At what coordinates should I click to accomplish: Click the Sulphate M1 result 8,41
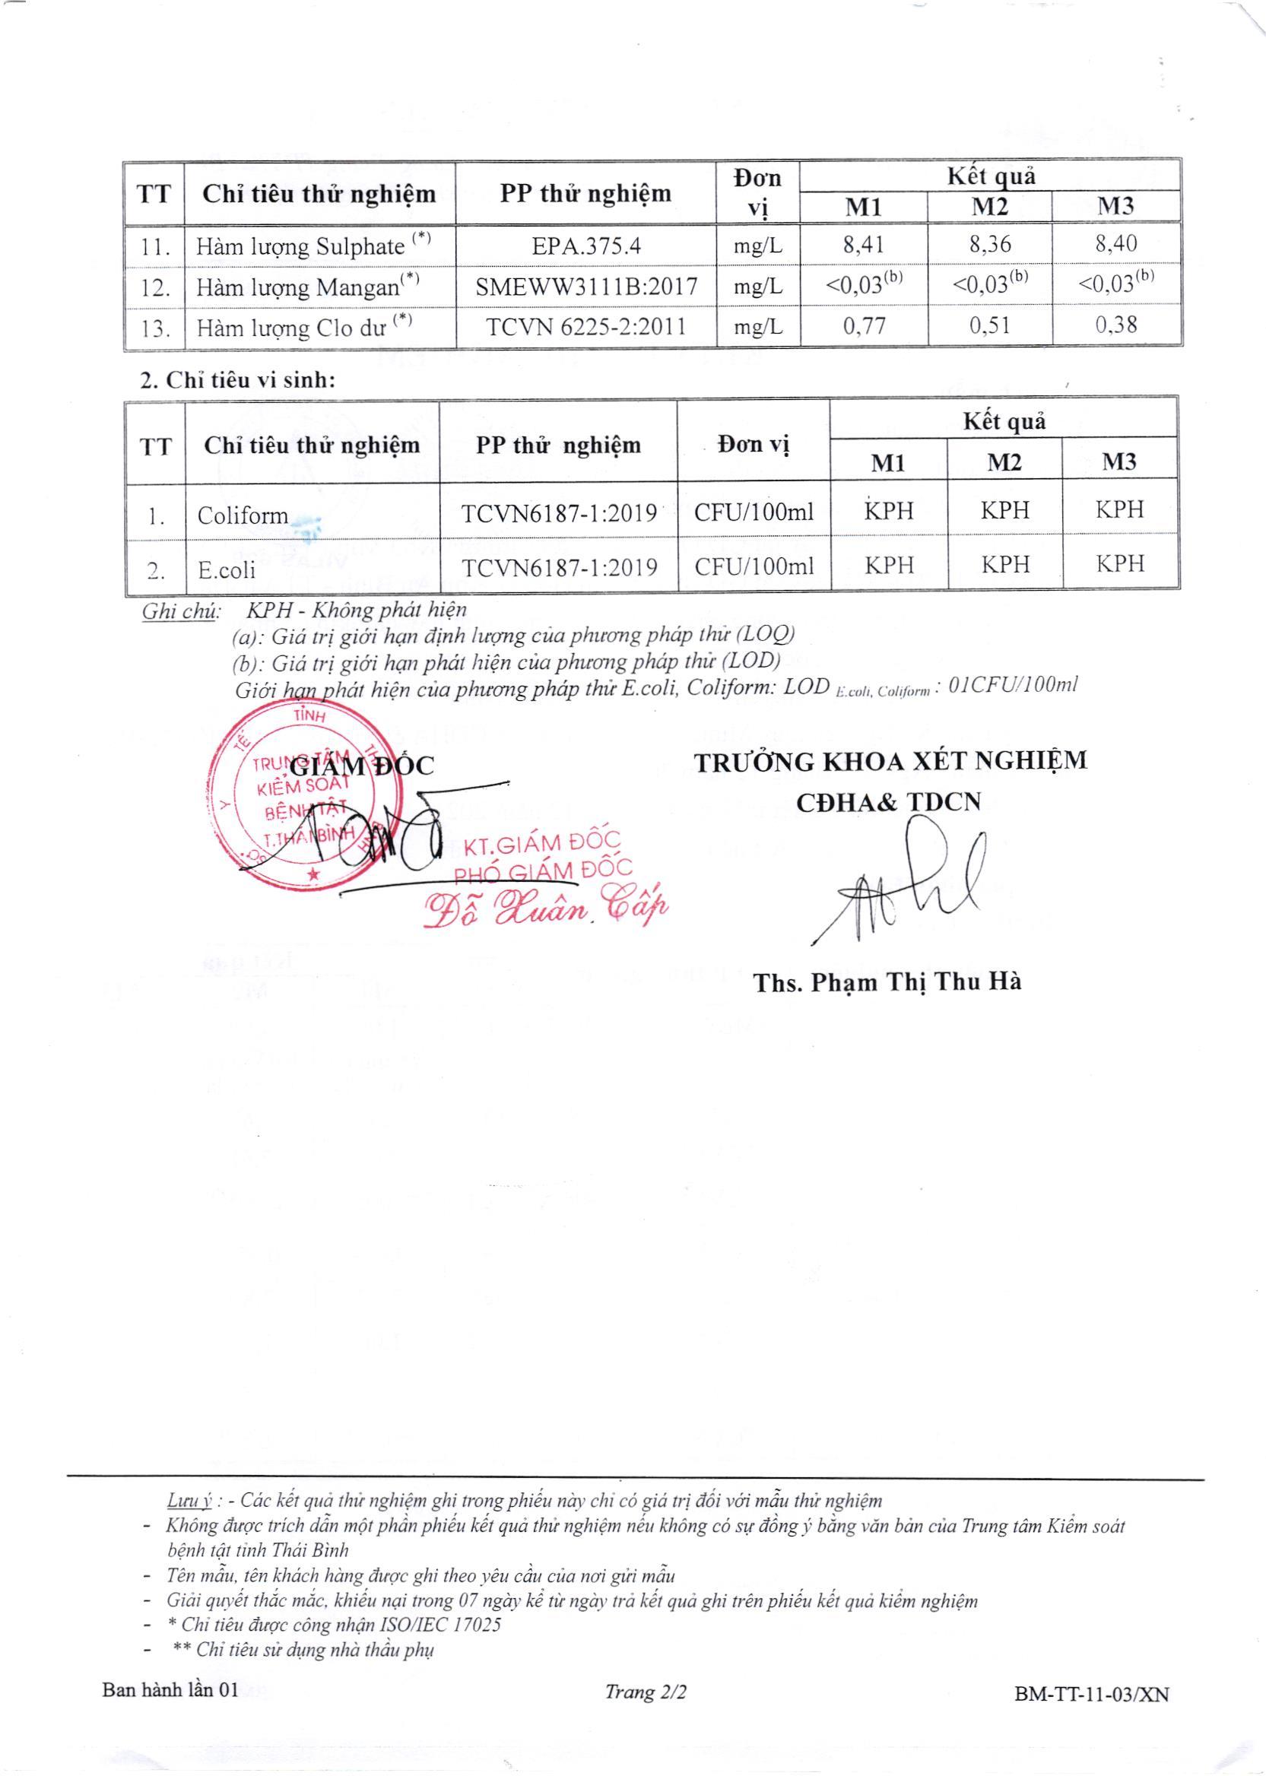[x=863, y=246]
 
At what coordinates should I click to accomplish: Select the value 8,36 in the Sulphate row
[x=989, y=246]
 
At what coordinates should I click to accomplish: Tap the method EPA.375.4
[x=585, y=246]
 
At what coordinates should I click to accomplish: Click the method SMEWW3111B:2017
[x=585, y=287]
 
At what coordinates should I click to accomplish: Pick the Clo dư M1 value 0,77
[x=864, y=325]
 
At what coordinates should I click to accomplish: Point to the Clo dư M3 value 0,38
[x=1115, y=325]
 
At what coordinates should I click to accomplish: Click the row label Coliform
[x=243, y=515]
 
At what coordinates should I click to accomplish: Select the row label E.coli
[x=226, y=569]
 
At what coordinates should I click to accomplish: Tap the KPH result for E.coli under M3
[x=1119, y=564]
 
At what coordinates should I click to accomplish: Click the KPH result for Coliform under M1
[x=888, y=511]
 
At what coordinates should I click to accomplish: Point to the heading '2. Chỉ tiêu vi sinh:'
[x=237, y=380]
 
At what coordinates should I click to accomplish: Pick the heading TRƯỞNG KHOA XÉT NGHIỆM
[x=890, y=761]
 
